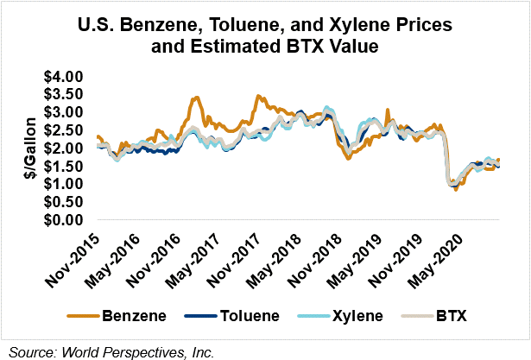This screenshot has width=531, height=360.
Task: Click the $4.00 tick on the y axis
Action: (x=66, y=77)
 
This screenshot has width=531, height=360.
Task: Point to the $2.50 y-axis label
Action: (x=66, y=130)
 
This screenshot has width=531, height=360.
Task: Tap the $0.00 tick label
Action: (x=66, y=220)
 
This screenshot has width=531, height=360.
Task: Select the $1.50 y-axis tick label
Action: (x=66, y=167)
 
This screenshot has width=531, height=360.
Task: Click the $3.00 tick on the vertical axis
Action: (x=66, y=112)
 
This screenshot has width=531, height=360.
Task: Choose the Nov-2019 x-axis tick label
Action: (x=394, y=256)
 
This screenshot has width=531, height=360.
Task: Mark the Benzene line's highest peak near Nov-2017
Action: (x=257, y=97)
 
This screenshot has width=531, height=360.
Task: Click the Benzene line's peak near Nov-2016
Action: (x=197, y=98)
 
